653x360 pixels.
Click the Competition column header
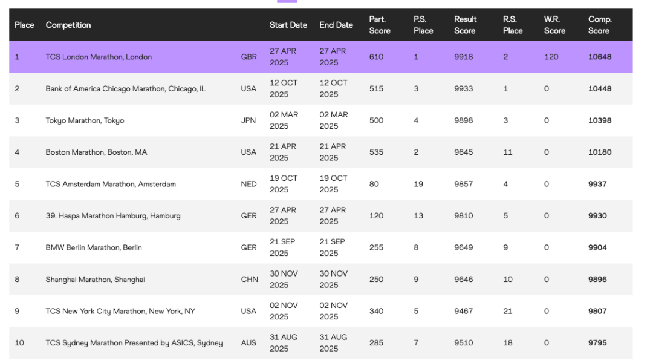tap(68, 25)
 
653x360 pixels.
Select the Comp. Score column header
tap(600, 25)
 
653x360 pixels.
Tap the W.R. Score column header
tap(554, 25)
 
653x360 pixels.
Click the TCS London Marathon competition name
tap(99, 57)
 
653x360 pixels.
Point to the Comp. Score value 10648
tap(600, 57)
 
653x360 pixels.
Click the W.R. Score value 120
tap(551, 57)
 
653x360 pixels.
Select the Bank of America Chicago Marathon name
tap(126, 89)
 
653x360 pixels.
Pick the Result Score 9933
tap(464, 89)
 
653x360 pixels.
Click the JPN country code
tap(249, 120)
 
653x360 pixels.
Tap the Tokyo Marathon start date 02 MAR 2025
tap(284, 120)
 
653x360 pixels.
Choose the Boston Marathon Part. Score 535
tap(376, 152)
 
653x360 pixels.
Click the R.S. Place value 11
tap(508, 152)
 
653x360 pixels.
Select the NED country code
tap(249, 184)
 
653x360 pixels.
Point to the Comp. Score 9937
tap(597, 184)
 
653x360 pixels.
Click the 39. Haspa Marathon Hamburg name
tap(113, 216)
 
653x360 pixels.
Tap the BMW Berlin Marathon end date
tap(333, 247)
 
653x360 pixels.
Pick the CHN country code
tap(250, 280)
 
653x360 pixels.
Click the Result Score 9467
tap(464, 311)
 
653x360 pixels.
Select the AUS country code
tap(249, 343)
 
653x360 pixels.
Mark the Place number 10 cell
tap(19, 343)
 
